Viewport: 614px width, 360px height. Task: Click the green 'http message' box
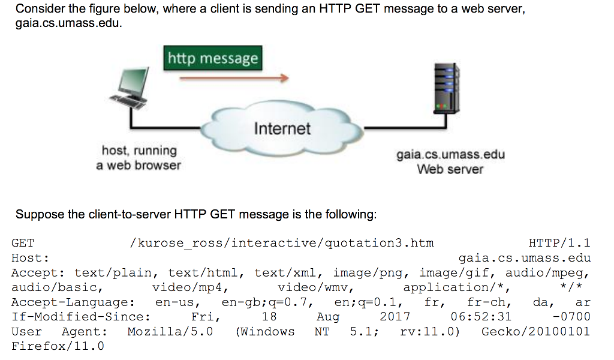(x=213, y=58)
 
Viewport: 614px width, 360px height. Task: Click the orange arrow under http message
(x=234, y=78)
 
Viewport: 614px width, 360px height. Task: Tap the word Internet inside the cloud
(x=282, y=128)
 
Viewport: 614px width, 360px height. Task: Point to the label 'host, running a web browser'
(x=139, y=158)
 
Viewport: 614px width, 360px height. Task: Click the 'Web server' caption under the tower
(x=450, y=169)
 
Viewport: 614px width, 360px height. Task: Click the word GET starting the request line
(x=23, y=244)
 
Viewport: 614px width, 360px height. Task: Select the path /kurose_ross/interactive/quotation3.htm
(x=281, y=244)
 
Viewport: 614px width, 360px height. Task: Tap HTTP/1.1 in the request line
(x=559, y=244)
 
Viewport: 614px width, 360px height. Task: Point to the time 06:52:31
(x=481, y=317)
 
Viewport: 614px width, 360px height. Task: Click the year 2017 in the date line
(x=395, y=317)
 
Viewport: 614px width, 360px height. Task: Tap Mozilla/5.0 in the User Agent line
(x=170, y=332)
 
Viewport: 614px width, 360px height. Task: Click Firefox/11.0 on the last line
(x=58, y=346)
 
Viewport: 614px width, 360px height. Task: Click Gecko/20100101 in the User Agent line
(x=536, y=332)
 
